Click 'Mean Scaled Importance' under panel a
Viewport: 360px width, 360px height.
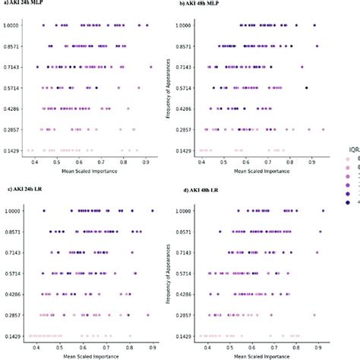coord(84,170)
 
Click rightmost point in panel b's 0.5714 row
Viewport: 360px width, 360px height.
coord(306,88)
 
